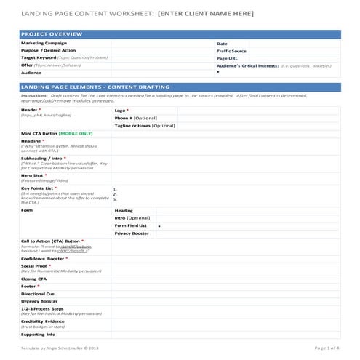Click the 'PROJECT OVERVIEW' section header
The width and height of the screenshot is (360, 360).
coord(52,34)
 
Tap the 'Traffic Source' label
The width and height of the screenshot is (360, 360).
coord(232,51)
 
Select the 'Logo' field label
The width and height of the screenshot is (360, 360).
coord(121,110)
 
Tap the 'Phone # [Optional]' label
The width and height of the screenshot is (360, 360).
coord(135,118)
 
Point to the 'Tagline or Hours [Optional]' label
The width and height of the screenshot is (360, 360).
coord(145,126)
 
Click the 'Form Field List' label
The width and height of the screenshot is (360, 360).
coord(131,225)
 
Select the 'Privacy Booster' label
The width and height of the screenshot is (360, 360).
coord(132,233)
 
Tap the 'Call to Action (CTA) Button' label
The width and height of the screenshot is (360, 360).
coord(51,241)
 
